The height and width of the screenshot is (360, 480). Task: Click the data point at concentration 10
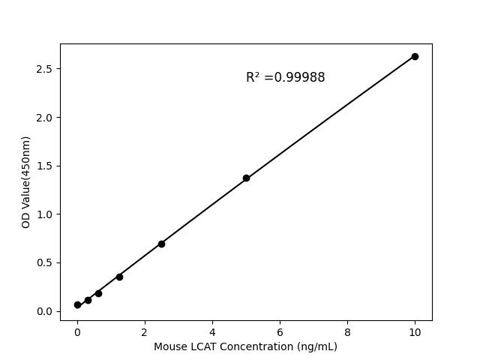pyautogui.click(x=415, y=56)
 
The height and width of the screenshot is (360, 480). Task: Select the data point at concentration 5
pyautogui.click(x=246, y=178)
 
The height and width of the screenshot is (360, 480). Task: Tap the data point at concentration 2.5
pyautogui.click(x=161, y=244)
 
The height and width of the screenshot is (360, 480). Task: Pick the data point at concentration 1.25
pyautogui.click(x=119, y=277)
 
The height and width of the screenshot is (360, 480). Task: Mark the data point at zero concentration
pyautogui.click(x=77, y=304)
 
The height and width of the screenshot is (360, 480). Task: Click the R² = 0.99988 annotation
pyautogui.click(x=285, y=77)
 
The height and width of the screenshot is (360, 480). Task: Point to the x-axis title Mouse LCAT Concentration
pyautogui.click(x=245, y=346)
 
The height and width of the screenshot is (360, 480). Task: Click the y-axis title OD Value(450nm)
pyautogui.click(x=26, y=182)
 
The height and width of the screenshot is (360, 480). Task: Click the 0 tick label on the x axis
pyautogui.click(x=77, y=331)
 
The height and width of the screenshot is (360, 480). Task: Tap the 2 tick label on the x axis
pyautogui.click(x=145, y=331)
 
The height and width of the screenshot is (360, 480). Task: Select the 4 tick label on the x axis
pyautogui.click(x=212, y=331)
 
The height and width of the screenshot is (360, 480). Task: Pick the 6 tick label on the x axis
pyautogui.click(x=280, y=331)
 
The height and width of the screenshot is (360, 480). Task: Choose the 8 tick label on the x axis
pyautogui.click(x=347, y=331)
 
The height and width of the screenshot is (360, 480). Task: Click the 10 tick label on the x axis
pyautogui.click(x=415, y=331)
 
